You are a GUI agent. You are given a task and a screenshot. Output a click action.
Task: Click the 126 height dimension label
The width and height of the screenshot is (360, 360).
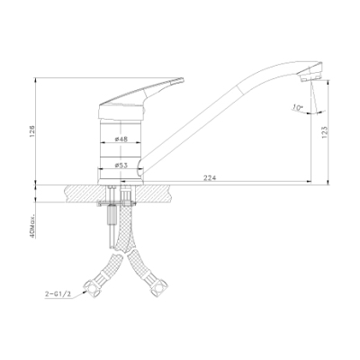click(32, 131)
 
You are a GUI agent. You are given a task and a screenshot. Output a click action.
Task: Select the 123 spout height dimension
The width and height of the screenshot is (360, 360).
click(325, 132)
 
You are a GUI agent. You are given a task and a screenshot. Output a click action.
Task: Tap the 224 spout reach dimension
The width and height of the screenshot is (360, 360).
click(210, 178)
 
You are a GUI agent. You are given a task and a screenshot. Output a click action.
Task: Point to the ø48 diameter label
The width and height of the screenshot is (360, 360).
click(121, 139)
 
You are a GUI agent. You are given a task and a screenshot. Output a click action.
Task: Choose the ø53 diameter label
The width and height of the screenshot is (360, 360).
click(121, 165)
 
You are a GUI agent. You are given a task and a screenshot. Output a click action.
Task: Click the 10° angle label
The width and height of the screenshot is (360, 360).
click(298, 107)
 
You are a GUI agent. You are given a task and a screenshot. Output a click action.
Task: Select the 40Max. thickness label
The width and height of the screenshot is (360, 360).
click(32, 226)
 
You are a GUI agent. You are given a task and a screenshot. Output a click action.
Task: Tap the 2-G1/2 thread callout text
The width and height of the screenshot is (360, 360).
click(58, 294)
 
